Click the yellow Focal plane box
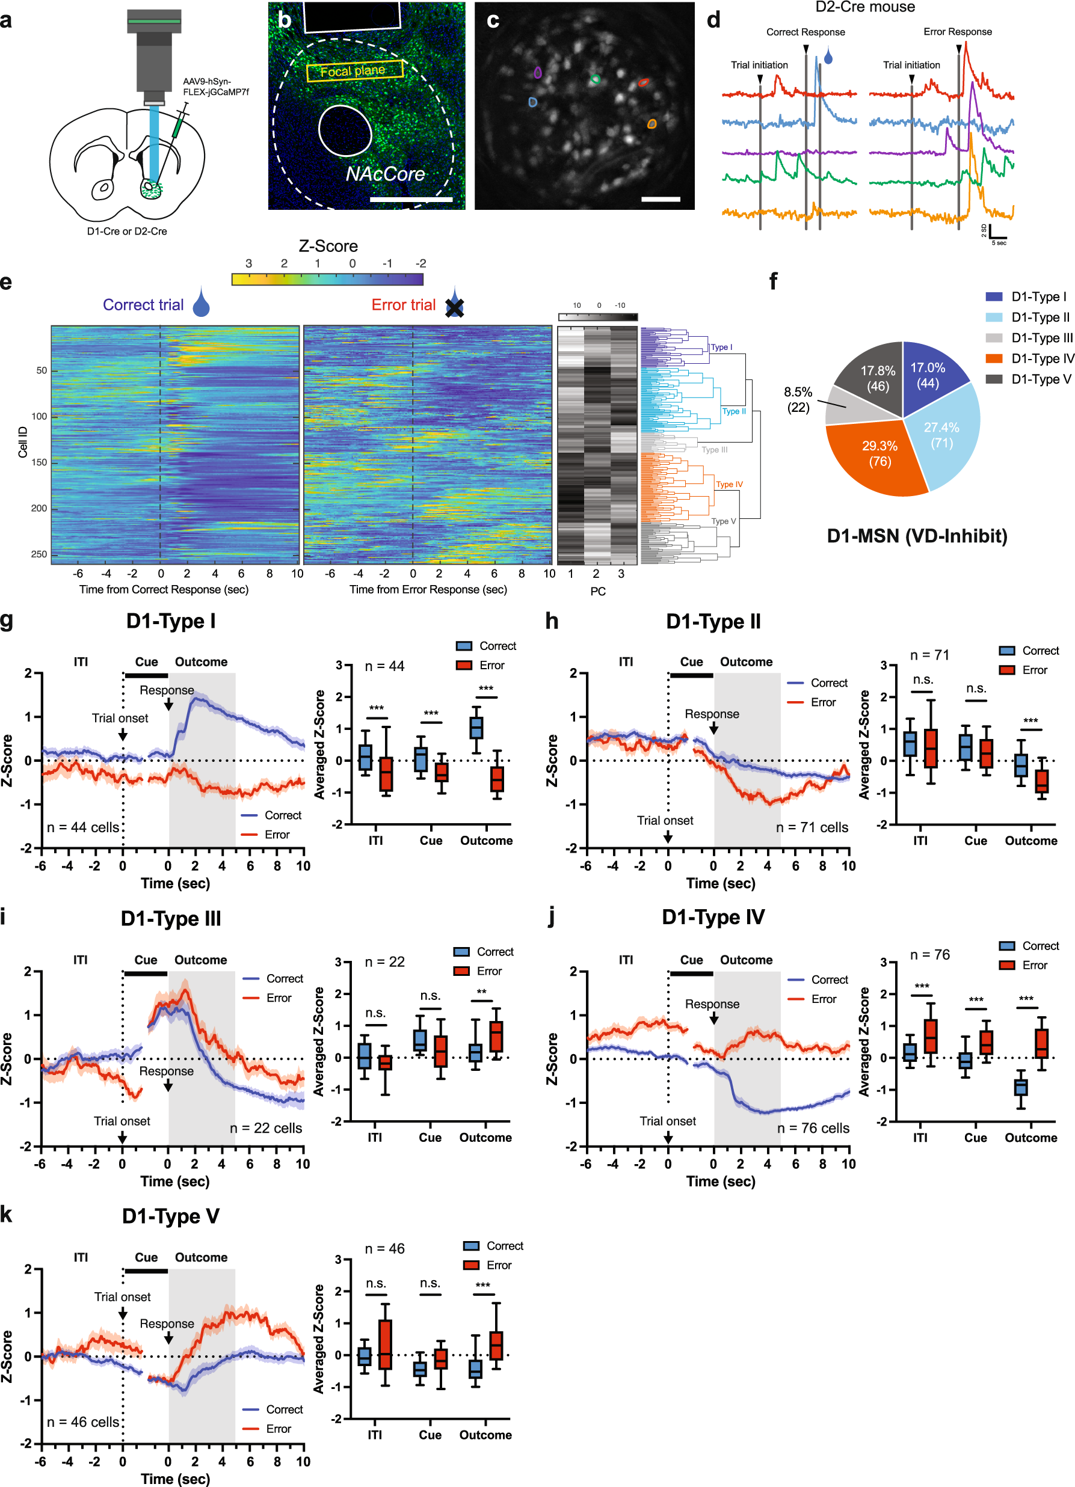point(354,71)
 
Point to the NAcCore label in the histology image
point(385,174)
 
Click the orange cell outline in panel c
point(651,124)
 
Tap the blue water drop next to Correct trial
point(202,305)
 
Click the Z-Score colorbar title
point(328,246)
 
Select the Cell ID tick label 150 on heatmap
point(39,462)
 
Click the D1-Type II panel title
point(713,622)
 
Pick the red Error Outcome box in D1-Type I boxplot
point(498,779)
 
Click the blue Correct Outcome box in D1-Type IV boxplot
point(1021,1087)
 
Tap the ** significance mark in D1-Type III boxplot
point(481,992)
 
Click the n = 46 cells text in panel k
point(82,1421)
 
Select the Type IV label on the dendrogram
point(729,485)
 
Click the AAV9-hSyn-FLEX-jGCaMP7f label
point(216,87)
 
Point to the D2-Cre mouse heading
point(864,7)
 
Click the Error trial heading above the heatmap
point(404,305)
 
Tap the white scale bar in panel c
point(661,198)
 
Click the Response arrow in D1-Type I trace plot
point(168,704)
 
